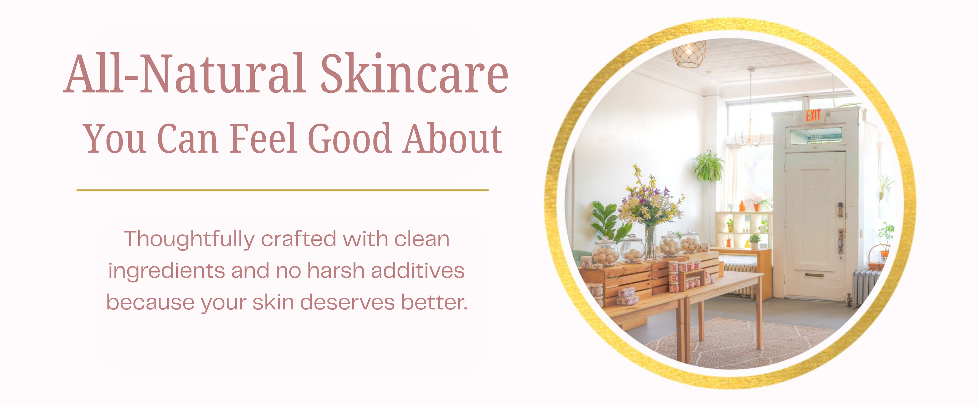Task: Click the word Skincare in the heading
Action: coord(415,73)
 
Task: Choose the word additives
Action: coord(418,271)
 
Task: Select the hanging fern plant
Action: coord(708,167)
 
